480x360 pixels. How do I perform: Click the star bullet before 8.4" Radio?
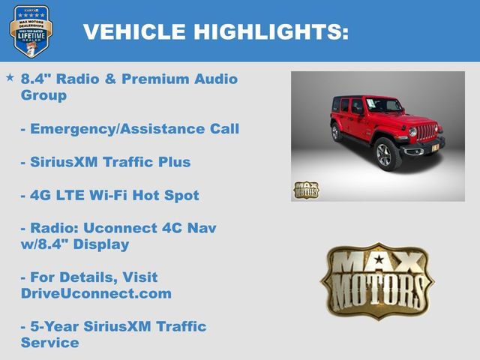[x=10, y=77]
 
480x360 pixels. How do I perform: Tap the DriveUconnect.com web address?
[x=96, y=294]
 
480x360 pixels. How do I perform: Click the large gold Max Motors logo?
[x=376, y=280]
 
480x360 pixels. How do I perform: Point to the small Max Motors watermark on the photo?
[x=305, y=190]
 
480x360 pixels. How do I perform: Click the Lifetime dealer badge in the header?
[x=31, y=31]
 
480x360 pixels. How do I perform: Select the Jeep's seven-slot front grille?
[x=427, y=132]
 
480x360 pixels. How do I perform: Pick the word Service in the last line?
[x=49, y=343]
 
